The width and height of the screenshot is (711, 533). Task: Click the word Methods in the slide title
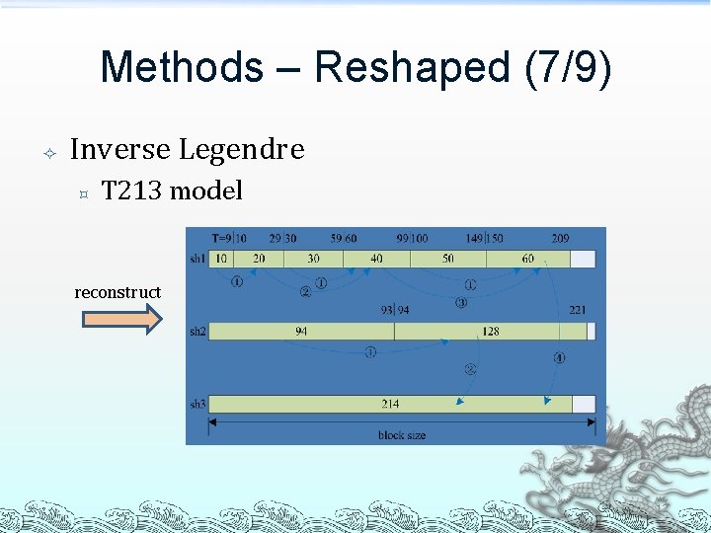click(182, 67)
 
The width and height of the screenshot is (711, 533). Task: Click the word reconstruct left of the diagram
click(118, 292)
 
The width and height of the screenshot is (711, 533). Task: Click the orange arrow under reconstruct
click(120, 320)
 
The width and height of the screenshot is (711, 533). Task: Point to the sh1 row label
click(197, 258)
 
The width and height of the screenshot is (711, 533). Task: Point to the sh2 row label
click(197, 332)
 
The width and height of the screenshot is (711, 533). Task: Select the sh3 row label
click(197, 404)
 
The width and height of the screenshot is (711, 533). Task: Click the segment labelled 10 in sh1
click(221, 258)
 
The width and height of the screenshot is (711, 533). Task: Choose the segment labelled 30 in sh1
click(313, 258)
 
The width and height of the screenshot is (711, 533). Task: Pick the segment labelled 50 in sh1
click(448, 258)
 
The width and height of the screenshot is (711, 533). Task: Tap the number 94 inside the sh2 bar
click(301, 332)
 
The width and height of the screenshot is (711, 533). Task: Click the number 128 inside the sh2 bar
click(491, 332)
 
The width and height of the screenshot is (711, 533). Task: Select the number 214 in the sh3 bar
click(391, 404)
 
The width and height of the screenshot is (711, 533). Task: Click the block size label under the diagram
click(402, 435)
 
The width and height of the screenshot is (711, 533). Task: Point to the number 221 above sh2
click(577, 310)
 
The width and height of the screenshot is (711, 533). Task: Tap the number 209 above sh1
click(560, 238)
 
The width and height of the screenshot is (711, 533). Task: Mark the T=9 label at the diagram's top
click(222, 238)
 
